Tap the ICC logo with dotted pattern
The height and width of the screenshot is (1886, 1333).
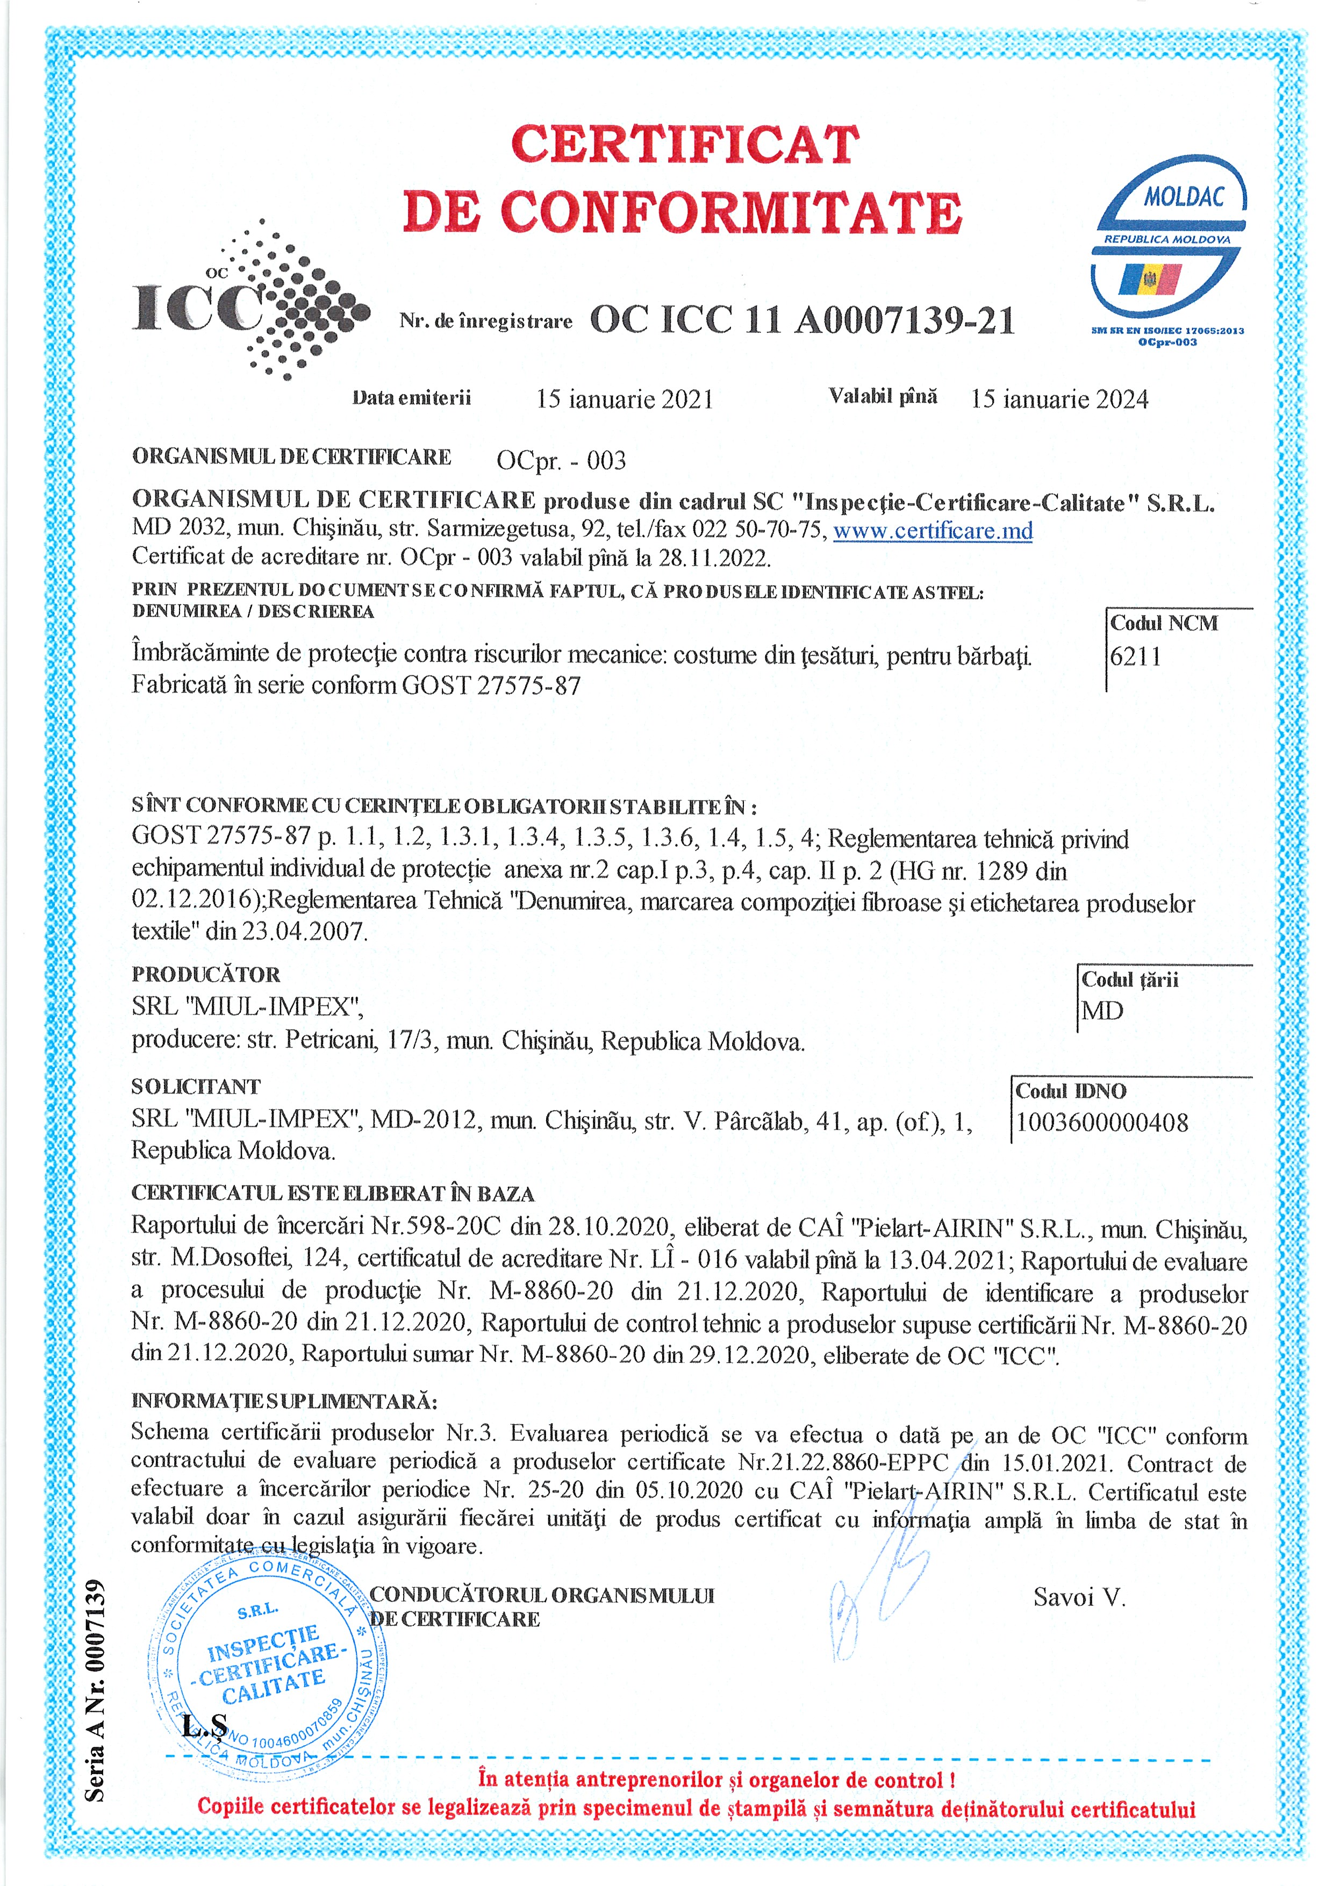point(250,301)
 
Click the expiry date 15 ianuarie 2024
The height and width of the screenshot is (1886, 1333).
point(1059,399)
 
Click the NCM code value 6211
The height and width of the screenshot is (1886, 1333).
point(1135,656)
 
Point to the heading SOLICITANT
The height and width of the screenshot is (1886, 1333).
point(196,1087)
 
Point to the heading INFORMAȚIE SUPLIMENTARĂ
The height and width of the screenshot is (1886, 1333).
point(284,1401)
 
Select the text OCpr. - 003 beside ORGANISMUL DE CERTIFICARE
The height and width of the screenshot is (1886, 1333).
point(561,461)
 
